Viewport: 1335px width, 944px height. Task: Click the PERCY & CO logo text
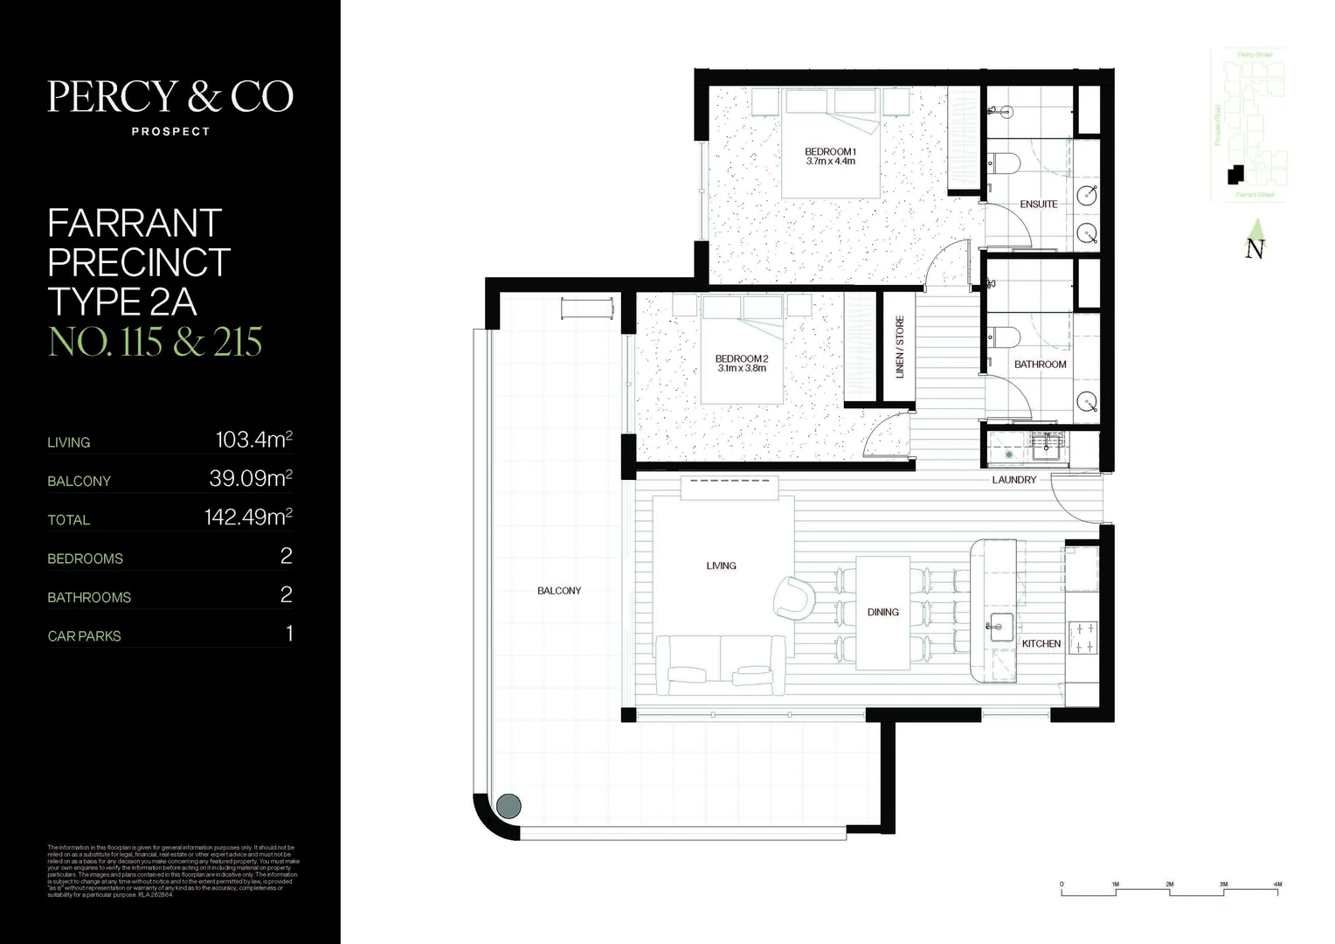[170, 97]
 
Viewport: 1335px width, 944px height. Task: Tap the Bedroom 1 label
[830, 152]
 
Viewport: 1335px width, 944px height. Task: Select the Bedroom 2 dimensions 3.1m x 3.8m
[742, 369]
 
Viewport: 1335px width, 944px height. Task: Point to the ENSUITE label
[1039, 205]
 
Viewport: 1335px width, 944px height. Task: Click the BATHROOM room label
[1040, 364]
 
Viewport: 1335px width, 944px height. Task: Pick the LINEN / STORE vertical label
[900, 347]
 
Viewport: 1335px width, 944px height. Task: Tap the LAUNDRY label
[1013, 480]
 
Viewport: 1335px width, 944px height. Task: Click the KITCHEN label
[1041, 644]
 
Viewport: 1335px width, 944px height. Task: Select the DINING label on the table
[882, 613]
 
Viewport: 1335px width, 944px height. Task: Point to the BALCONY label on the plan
[559, 592]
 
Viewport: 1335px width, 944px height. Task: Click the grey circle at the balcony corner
[508, 805]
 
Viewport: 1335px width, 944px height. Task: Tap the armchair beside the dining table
[794, 598]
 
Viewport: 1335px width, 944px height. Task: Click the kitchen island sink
[1000, 626]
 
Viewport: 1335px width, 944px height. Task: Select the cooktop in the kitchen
[1084, 637]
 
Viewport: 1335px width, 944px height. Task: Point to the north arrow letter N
[1255, 249]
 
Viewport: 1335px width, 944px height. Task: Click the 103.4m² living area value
[253, 441]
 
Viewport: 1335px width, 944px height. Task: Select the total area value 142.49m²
[248, 517]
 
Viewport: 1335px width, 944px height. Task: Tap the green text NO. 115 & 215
[155, 342]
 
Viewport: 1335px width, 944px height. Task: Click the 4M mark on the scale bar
[1277, 885]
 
